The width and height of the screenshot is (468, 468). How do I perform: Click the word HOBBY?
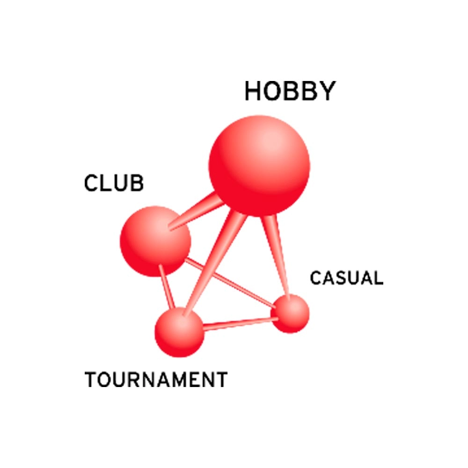tap(290, 91)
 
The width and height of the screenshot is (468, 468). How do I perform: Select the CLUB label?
tap(114, 183)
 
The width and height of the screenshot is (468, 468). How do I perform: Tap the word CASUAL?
tap(346, 278)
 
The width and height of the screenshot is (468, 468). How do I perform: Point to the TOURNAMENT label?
tap(156, 380)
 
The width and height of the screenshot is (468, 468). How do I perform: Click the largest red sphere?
tap(259, 166)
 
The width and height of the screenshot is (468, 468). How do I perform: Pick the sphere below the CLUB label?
tap(155, 241)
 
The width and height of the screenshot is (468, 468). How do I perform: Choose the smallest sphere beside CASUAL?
tap(290, 314)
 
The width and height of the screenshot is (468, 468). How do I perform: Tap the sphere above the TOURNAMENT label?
tap(180, 332)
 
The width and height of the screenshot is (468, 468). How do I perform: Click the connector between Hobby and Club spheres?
tap(196, 212)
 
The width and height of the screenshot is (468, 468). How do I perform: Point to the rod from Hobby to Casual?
tap(276, 256)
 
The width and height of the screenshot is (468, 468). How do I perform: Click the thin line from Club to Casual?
tap(230, 283)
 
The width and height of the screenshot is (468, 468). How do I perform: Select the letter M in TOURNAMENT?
tap(172, 380)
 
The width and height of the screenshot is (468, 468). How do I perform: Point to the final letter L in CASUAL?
tap(378, 278)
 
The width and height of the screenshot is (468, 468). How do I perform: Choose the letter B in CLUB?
tap(138, 183)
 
